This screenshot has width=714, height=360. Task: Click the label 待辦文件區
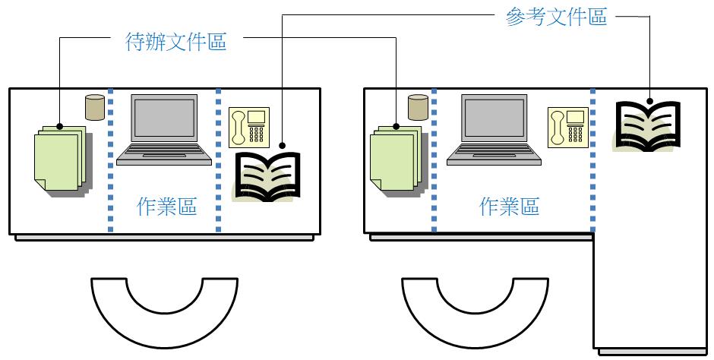175,42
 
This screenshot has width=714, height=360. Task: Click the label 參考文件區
556,17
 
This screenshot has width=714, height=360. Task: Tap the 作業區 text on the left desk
166,207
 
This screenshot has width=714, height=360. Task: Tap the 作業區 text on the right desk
509,207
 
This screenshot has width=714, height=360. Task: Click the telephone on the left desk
249,127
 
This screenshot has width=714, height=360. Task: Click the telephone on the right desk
568,126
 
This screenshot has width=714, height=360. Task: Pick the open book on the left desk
267,177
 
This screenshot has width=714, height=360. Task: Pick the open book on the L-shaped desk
648,125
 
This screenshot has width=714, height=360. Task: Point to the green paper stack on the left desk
60,158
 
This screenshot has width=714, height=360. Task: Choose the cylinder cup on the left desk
94,107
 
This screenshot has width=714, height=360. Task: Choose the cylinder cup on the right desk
418,107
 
